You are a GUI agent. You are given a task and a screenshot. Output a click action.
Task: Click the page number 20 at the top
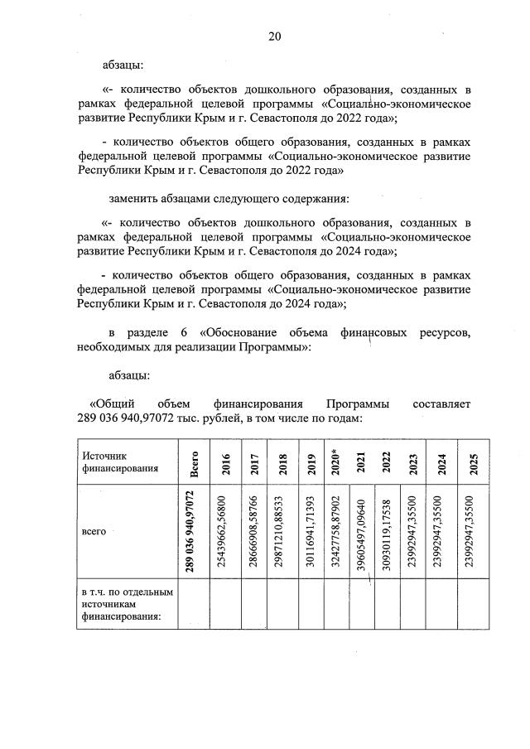[x=275, y=36]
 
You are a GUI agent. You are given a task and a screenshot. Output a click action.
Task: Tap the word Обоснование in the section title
[x=248, y=333]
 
